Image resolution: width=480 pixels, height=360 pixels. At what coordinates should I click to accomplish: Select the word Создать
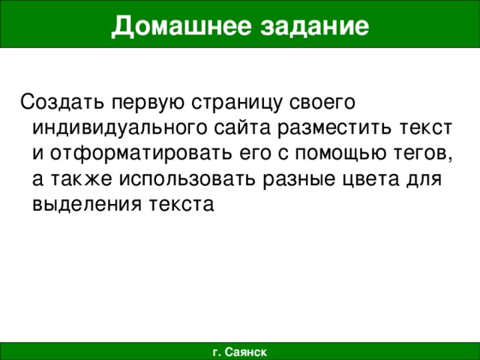[62, 100]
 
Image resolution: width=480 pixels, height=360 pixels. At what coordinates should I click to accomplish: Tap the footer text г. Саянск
[239, 351]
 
